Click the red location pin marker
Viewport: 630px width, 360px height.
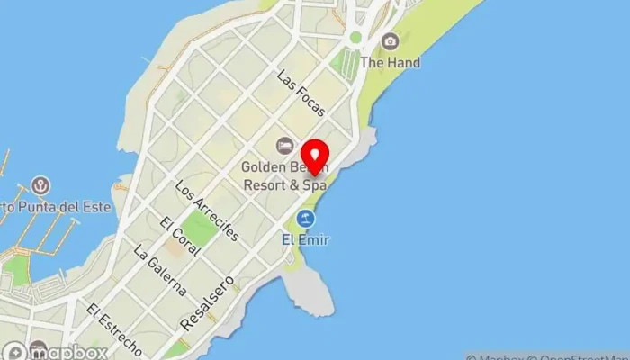(314, 157)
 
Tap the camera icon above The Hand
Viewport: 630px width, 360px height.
(390, 41)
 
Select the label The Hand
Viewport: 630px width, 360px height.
(390, 63)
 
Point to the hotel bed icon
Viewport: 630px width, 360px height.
(284, 145)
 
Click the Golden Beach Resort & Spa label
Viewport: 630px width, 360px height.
(283, 175)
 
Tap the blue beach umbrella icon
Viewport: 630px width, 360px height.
(306, 219)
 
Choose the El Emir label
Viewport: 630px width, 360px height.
(305, 239)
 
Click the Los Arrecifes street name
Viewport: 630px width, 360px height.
(208, 211)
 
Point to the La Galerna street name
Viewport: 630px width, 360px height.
(159, 271)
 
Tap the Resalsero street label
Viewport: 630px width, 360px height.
(206, 302)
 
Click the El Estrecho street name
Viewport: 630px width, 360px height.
(114, 328)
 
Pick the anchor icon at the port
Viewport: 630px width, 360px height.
(40, 186)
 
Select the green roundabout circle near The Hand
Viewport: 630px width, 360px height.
(355, 38)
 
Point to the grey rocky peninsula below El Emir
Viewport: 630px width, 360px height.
(308, 290)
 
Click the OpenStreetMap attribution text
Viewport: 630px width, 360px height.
(576, 355)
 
